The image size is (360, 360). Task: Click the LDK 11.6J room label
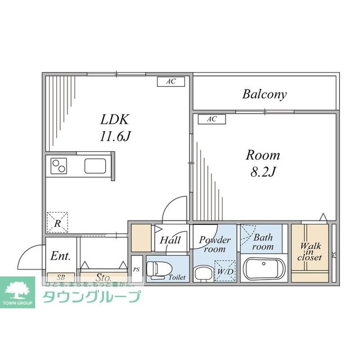click(115, 128)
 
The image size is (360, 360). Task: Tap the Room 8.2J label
click(262, 163)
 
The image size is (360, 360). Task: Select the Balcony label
click(264, 94)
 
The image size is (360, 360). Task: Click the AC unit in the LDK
click(170, 82)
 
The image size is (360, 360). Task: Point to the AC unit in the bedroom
click(211, 119)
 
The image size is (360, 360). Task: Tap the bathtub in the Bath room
click(264, 269)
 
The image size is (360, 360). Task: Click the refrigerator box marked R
click(58, 222)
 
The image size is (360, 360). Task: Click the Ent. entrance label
click(60, 256)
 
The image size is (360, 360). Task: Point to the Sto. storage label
click(103, 277)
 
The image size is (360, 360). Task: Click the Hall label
click(170, 240)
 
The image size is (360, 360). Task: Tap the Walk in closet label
click(310, 251)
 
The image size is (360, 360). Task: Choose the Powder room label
click(214, 244)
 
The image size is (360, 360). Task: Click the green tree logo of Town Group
click(20, 290)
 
